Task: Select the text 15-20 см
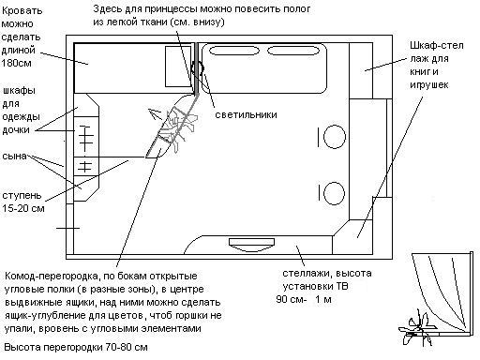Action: click(24, 207)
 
